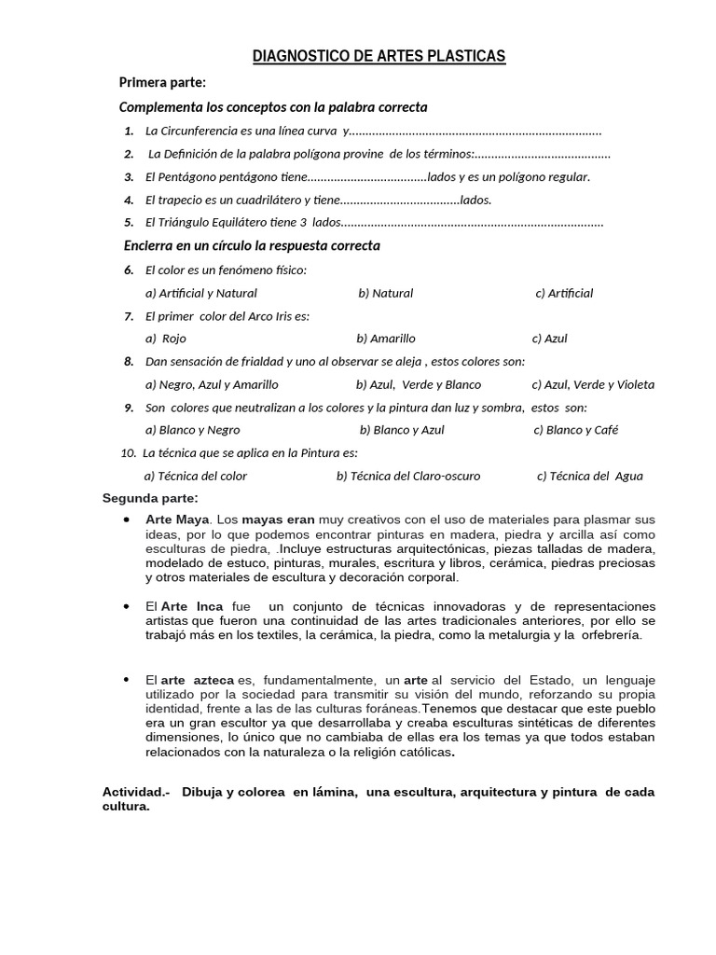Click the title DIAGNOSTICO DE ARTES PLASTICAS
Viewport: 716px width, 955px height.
(379, 58)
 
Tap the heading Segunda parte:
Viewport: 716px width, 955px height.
(150, 498)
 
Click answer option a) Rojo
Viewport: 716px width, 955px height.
(167, 339)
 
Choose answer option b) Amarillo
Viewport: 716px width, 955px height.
(386, 339)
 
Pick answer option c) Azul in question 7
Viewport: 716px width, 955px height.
(549, 339)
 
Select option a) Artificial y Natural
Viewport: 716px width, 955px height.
(200, 293)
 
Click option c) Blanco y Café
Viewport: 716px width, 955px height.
(575, 430)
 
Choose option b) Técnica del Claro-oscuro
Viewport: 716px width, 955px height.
(408, 476)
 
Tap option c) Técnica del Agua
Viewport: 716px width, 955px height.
(589, 476)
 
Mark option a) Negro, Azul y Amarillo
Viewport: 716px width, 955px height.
(212, 384)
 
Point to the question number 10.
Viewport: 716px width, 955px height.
(129, 453)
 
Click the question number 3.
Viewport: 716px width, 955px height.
(129, 176)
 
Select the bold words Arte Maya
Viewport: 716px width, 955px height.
(177, 519)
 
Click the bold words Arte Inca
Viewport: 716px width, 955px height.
(192, 606)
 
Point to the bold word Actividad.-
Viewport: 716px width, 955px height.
(135, 792)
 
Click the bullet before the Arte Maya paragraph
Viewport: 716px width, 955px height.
(126, 519)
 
